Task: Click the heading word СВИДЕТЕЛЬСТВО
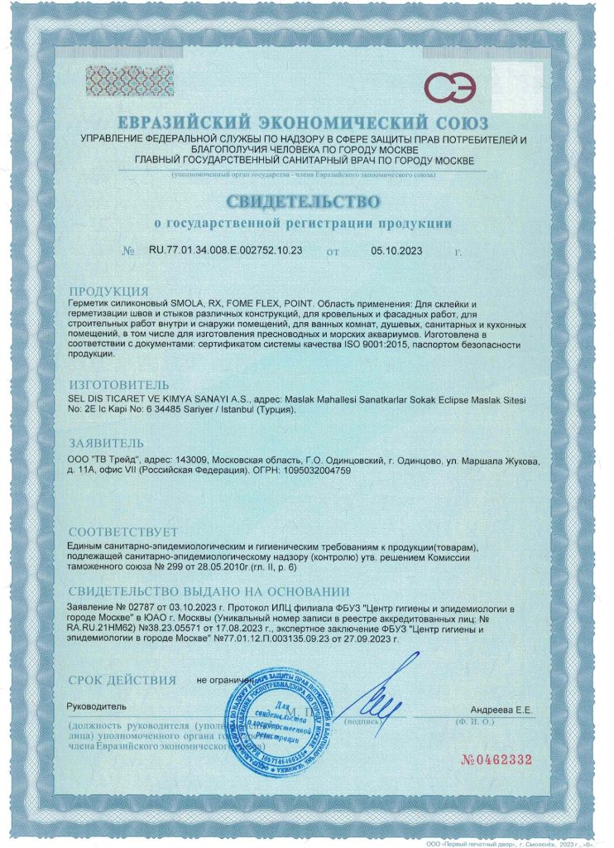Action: click(304, 202)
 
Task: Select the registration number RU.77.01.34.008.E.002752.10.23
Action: click(225, 249)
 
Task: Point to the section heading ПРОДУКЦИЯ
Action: click(108, 291)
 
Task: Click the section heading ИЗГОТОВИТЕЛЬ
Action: click(119, 385)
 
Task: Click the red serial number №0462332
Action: click(495, 759)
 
